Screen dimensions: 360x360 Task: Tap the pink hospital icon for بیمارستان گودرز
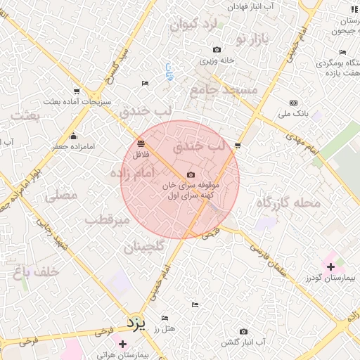tap(330, 266)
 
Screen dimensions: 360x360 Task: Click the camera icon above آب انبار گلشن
tap(243, 331)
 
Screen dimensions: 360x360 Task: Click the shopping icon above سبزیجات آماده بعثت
tap(76, 91)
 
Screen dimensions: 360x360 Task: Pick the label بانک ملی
tap(293, 113)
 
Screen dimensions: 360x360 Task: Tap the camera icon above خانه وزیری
tap(217, 50)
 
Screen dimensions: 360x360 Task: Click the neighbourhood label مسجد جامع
tap(224, 91)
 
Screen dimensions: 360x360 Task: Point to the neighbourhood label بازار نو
tap(252, 39)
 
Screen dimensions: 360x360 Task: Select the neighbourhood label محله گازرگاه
tap(288, 203)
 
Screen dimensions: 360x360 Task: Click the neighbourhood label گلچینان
tap(144, 247)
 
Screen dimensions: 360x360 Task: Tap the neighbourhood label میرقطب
tap(108, 220)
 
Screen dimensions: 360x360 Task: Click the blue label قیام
tap(168, 72)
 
